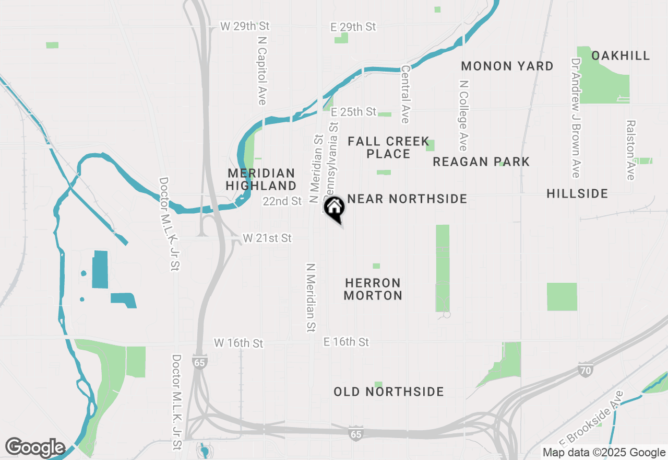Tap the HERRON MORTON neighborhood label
tap(373, 289)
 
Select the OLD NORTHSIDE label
tap(389, 392)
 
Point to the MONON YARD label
tap(507, 66)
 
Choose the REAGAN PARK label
tap(481, 162)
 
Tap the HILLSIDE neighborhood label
tap(577, 194)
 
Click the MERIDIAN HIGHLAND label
tap(261, 179)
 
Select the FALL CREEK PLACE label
tap(388, 147)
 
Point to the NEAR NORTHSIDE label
tap(407, 199)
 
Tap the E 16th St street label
tap(346, 342)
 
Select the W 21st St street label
tap(267, 238)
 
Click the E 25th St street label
tap(353, 112)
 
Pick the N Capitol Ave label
tap(262, 70)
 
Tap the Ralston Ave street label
tap(631, 150)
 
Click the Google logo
tap(35, 448)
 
